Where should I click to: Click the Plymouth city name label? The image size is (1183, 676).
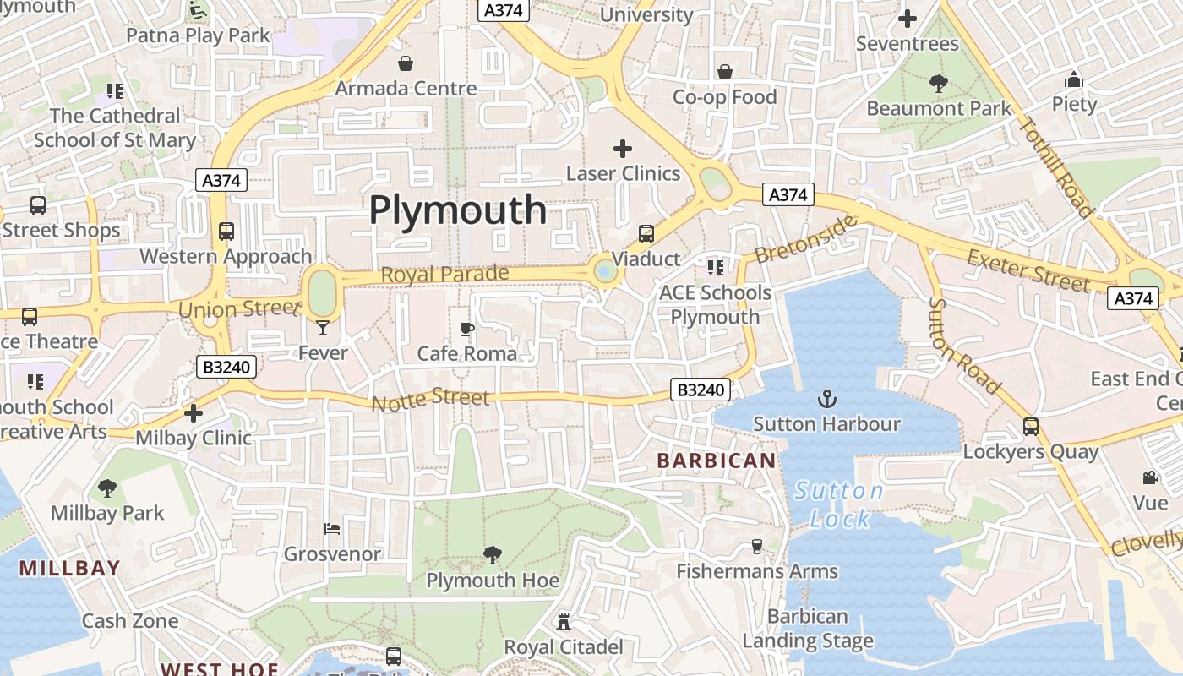[458, 210]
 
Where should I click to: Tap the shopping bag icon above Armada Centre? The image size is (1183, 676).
[406, 63]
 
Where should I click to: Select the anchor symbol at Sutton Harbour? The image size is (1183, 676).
[826, 398]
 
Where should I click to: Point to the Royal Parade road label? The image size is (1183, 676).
[444, 274]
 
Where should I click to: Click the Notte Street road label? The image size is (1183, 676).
[431, 398]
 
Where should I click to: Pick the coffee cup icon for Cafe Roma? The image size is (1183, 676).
[466, 329]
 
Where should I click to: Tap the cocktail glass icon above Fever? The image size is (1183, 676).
[323, 327]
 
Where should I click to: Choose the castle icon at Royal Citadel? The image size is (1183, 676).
[564, 622]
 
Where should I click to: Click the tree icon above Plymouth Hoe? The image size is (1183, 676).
[492, 555]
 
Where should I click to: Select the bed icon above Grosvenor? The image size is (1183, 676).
[332, 529]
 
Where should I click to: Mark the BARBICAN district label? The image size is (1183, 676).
[716, 461]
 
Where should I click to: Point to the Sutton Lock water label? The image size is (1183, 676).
[839, 504]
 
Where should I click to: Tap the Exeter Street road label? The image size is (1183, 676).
[1028, 270]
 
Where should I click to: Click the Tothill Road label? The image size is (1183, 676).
[1056, 166]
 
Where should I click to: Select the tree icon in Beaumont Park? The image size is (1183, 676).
[938, 83]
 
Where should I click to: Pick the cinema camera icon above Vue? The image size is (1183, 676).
[1150, 478]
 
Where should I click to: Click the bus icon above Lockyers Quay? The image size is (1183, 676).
[1031, 426]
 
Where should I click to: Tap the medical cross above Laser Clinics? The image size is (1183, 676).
[623, 149]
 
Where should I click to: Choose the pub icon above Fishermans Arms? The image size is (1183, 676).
[757, 547]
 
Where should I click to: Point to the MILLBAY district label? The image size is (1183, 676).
[70, 568]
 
